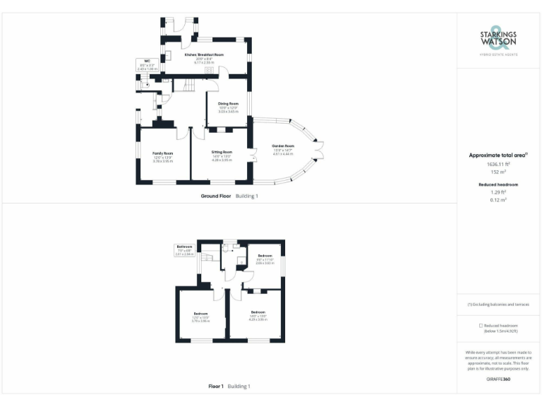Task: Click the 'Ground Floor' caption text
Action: (x=215, y=196)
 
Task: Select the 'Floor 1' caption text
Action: (x=216, y=387)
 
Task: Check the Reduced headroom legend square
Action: (x=480, y=325)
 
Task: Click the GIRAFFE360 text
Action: (x=498, y=379)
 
